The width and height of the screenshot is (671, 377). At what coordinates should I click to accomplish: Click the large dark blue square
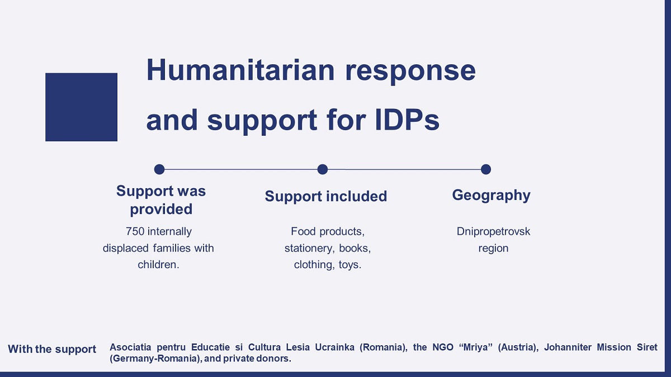click(81, 107)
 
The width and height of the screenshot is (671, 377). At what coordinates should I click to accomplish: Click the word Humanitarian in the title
click(240, 70)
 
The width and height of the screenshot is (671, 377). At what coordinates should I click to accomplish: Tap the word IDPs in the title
click(407, 120)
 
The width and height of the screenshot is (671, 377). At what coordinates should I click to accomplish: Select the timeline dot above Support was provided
click(159, 169)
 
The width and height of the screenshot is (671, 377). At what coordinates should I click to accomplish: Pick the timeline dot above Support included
click(322, 169)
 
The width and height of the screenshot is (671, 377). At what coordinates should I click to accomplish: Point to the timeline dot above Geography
click(486, 169)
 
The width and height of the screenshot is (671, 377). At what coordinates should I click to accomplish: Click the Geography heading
click(492, 195)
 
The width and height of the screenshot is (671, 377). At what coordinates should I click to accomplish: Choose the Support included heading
click(326, 196)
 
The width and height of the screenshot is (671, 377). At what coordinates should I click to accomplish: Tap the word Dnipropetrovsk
click(493, 232)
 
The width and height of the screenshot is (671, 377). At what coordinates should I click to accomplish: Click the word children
click(158, 265)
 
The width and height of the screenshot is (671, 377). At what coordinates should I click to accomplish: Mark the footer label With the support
click(52, 349)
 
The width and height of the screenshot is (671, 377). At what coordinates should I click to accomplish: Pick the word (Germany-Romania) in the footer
click(153, 359)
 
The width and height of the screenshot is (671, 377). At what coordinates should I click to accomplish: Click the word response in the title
click(410, 72)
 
